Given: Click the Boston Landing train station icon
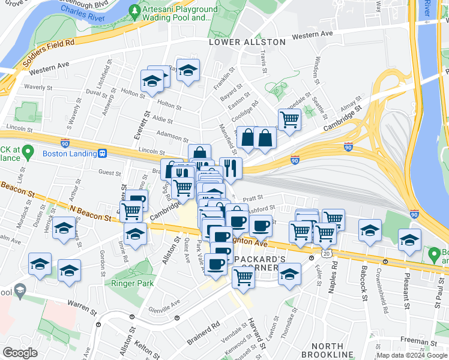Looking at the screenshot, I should pos(103,154).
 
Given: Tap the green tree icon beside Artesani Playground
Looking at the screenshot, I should pos(136,11).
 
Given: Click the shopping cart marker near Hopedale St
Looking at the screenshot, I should pos(289,119).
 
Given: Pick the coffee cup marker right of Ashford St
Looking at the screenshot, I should pos(261,226).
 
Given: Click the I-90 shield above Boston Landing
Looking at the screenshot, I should pos(65,143).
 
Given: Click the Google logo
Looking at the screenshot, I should pos(20,353).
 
